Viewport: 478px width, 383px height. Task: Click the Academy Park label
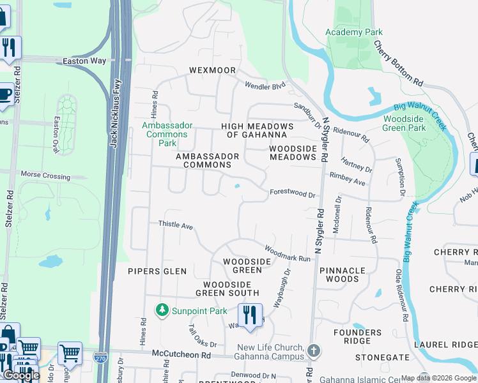353,32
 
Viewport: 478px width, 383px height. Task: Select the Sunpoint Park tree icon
162,310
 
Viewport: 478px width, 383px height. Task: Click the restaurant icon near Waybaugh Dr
249,315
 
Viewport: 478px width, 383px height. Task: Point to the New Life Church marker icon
313,350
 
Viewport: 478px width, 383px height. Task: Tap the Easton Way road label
84,61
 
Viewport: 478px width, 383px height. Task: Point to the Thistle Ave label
176,225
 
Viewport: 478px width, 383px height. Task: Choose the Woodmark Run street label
287,253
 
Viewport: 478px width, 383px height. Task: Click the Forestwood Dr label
293,193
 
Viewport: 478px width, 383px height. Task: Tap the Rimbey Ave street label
347,179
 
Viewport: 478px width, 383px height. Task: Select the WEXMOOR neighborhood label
212,70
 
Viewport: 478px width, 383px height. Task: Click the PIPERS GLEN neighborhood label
157,271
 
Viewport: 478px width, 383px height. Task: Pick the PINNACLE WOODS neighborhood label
343,274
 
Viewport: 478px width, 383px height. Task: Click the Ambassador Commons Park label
166,134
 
